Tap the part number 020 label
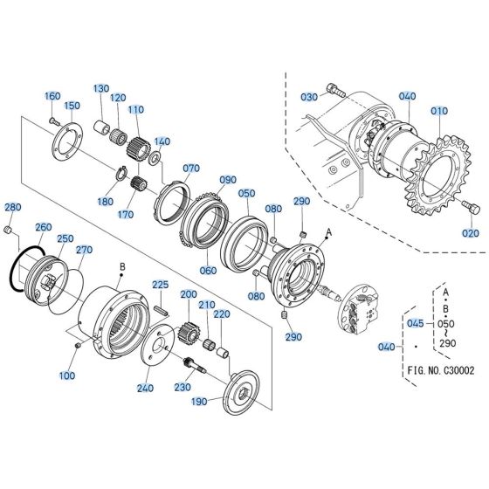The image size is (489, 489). tap(471, 233)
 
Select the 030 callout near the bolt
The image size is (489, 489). tap(307, 96)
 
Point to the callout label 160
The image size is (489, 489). tap(52, 96)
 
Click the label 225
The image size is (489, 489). tap(161, 285)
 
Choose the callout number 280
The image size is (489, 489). tap(12, 207)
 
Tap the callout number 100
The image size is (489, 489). tap(67, 375)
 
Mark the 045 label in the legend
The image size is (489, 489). tap(415, 322)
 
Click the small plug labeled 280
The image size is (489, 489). tap(9, 230)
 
